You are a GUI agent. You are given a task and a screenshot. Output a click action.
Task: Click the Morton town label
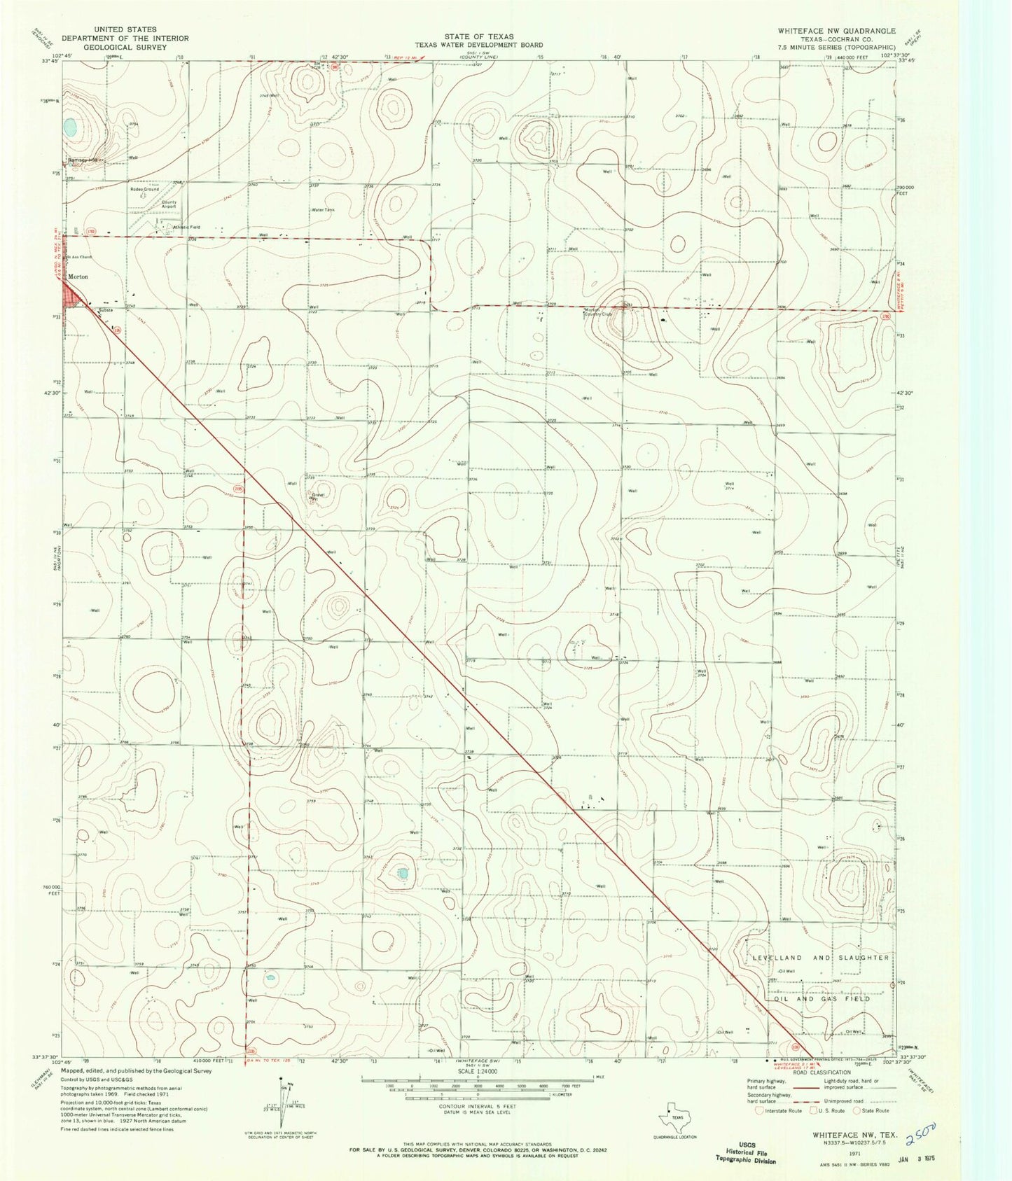click(78, 277)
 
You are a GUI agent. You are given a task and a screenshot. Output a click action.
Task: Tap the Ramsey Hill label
click(84, 160)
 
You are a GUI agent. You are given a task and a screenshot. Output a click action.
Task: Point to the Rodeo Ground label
click(144, 189)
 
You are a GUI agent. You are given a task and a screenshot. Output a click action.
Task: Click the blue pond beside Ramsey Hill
click(69, 127)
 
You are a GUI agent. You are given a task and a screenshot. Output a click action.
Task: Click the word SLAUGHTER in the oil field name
click(862, 958)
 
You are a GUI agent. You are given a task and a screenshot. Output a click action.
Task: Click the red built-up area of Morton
click(72, 293)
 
